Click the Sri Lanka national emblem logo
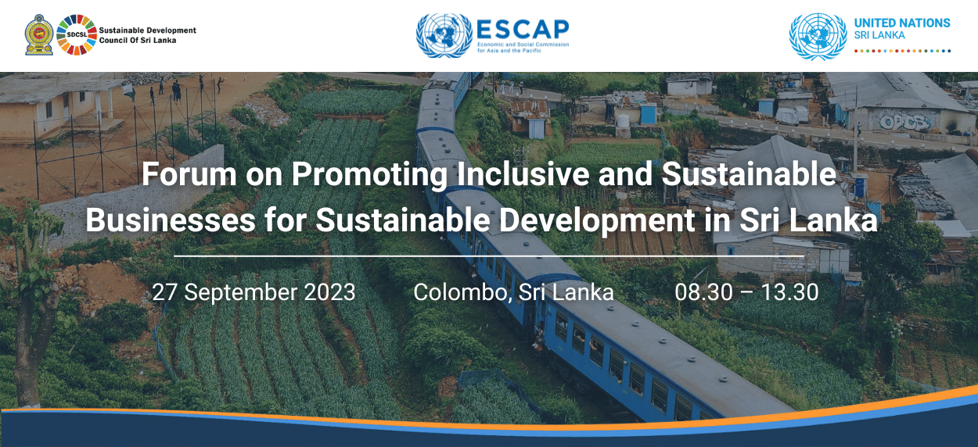point(39,35)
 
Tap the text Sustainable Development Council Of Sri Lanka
point(147,35)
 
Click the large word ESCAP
point(522,29)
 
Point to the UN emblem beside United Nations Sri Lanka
point(818,36)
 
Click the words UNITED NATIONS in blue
point(902,23)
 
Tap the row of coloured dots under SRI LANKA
point(902,51)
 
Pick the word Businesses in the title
point(170,220)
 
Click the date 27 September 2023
point(253,292)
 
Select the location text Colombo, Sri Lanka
point(513,292)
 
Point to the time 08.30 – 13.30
point(746,292)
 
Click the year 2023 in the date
point(328,292)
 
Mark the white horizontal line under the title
point(489,256)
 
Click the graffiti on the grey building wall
point(904,121)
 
